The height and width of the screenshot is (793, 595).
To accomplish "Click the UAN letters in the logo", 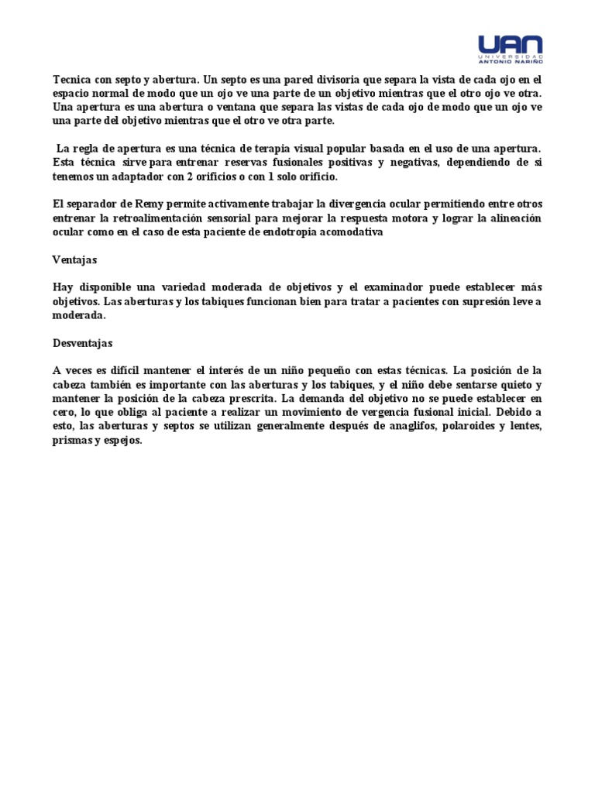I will click(x=510, y=45).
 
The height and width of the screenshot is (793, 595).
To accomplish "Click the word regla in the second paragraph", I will click(x=90, y=148).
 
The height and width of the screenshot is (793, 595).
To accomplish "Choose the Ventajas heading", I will click(x=74, y=259).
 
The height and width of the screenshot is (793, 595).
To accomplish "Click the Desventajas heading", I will click(x=83, y=343).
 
